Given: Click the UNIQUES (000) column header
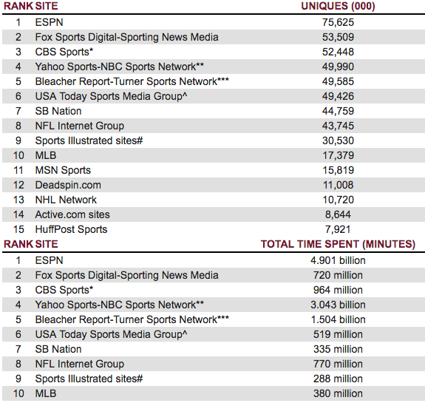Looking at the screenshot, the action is [338, 6].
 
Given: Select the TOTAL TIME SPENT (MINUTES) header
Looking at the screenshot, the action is [338, 244].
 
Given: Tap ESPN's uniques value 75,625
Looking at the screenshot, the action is [338, 22].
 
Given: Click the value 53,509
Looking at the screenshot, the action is [338, 37].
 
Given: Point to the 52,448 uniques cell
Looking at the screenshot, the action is [338, 52].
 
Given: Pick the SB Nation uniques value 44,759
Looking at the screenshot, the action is [338, 111].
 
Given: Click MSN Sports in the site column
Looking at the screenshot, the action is [63, 170].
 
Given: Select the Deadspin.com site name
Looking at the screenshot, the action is [68, 185].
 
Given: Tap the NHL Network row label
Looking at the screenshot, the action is [66, 200].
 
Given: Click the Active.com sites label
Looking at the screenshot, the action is [72, 214].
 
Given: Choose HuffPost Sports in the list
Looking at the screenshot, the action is [71, 229].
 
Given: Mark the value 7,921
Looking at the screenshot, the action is [338, 229].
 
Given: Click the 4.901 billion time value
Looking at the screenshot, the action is [338, 260].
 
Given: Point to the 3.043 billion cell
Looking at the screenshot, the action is [338, 305].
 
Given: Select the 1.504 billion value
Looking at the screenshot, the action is [338, 319].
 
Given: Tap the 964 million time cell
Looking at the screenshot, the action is [338, 290].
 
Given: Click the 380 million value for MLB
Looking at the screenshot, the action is [338, 393].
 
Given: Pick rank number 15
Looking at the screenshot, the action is [18, 229].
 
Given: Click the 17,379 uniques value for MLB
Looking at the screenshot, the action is [338, 155].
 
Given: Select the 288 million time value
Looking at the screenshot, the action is [338, 379].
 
